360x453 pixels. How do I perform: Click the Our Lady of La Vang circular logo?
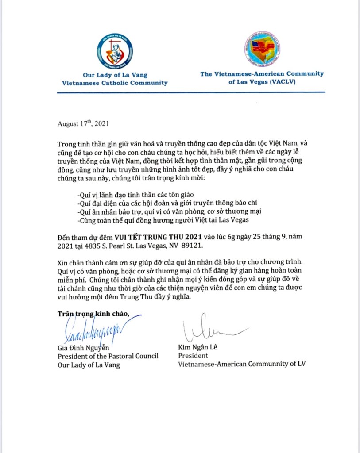point(115,52)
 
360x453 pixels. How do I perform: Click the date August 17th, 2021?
point(83,124)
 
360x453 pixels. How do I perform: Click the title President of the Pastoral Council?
point(108,356)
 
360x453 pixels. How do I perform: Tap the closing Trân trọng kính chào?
point(93,314)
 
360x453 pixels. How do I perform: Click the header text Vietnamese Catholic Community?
point(115,83)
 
